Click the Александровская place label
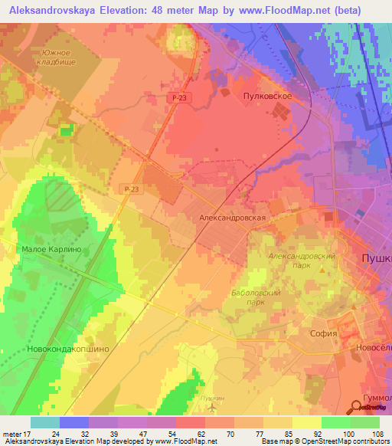pos(232,218)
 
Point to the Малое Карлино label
pos(51,250)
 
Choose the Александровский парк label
pos(301,260)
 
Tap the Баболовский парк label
pos(256,297)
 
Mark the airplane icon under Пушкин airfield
pos(212,406)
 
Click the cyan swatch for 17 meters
pos(44,422)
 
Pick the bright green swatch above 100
pos(335,422)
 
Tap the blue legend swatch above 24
pos(74,422)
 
